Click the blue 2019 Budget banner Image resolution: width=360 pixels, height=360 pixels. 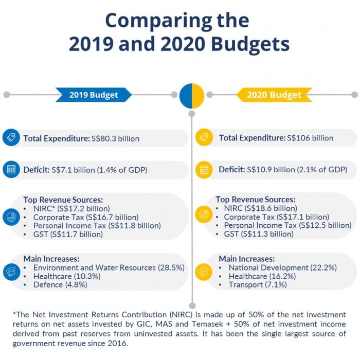(94, 95)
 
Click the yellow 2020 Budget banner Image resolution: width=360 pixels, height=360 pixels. (274, 95)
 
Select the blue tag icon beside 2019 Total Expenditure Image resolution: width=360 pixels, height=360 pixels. (11, 138)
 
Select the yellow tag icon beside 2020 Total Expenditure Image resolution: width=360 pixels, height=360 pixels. (204, 138)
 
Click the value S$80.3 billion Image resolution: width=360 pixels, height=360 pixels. (115, 138)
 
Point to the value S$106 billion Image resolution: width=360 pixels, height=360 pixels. (310, 138)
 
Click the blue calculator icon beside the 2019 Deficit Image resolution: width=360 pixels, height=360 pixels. (11, 170)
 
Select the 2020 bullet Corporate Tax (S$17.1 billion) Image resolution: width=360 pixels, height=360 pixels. (276, 217)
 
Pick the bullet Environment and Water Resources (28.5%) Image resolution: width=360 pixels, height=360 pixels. (109, 267)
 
